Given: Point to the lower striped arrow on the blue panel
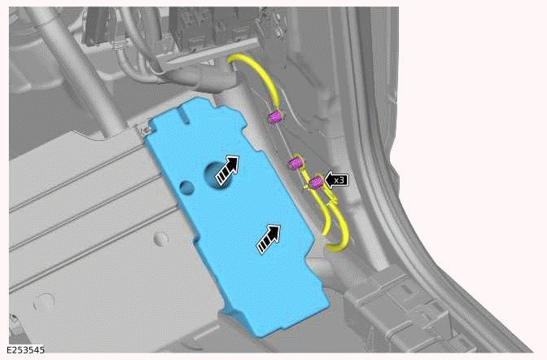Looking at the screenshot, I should click(269, 237).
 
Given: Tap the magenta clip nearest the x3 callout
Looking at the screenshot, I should click(313, 182).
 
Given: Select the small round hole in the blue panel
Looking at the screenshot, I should click(188, 187).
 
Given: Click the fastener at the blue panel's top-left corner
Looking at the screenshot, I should click(144, 128).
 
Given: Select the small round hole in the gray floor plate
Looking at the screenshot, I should click(160, 239).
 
